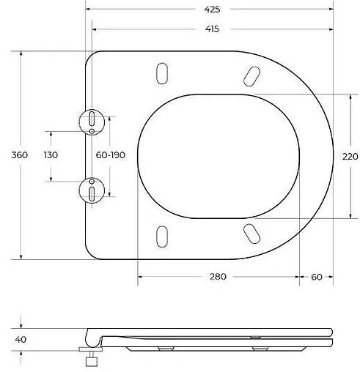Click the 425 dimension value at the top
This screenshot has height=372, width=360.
(x=213, y=10)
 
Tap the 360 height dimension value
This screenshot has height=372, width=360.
(x=20, y=155)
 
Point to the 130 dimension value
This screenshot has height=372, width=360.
(x=51, y=155)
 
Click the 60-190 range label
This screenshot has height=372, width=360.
(x=111, y=155)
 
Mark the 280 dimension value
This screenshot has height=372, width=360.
(x=218, y=276)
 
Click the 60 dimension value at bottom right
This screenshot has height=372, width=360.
(x=317, y=276)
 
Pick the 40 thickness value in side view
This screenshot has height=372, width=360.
(x=21, y=339)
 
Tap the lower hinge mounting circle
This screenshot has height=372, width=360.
(x=91, y=190)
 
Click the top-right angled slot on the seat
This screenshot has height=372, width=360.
(x=251, y=75)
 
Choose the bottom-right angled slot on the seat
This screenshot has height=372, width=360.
(x=251, y=234)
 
